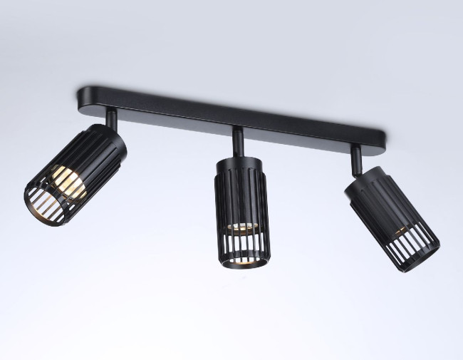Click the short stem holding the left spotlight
(x=112, y=118)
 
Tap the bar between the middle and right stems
(x=299, y=129)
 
